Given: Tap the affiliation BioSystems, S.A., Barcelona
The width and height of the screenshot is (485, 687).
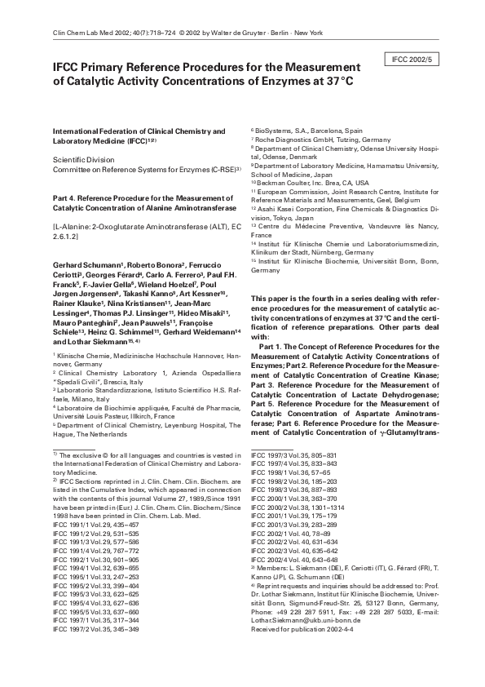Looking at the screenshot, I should (308, 130).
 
